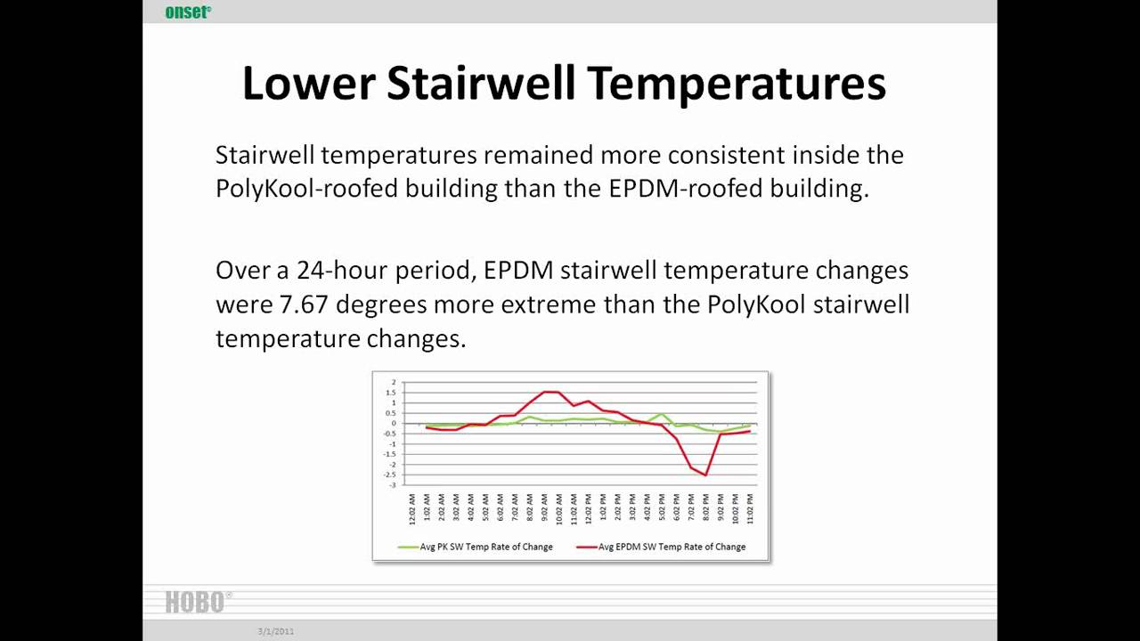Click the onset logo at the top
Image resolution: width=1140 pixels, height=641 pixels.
(x=188, y=12)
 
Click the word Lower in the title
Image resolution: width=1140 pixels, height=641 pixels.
(x=307, y=83)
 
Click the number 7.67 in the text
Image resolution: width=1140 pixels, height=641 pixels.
(x=304, y=304)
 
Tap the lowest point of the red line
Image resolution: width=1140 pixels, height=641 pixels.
(x=705, y=475)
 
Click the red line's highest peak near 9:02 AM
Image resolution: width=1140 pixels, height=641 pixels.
(x=551, y=392)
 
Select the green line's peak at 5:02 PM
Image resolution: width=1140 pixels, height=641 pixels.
(x=662, y=415)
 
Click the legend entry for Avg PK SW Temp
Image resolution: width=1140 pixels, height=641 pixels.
(x=477, y=547)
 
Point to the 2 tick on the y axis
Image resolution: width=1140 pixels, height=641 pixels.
(x=394, y=382)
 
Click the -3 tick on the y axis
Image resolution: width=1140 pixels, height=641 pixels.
(x=392, y=485)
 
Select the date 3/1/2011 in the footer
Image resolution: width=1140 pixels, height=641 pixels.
(x=276, y=631)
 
